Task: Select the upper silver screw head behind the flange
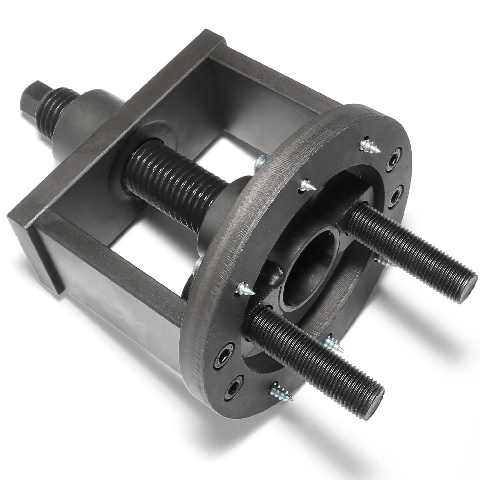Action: coord(261,162)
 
